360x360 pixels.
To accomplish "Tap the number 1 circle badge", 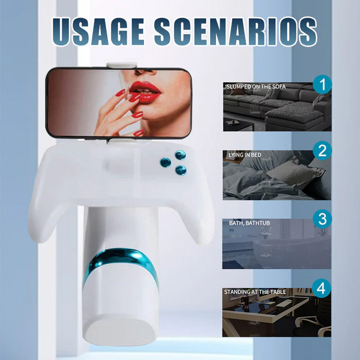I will coord(322,85).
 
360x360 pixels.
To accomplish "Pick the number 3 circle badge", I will coord(322,220).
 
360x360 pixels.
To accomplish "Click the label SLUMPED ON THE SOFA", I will coord(256,86).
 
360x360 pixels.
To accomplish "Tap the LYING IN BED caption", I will coord(244,155).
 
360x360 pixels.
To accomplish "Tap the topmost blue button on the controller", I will coord(180,156).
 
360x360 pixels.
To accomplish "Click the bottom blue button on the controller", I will coord(181,170).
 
